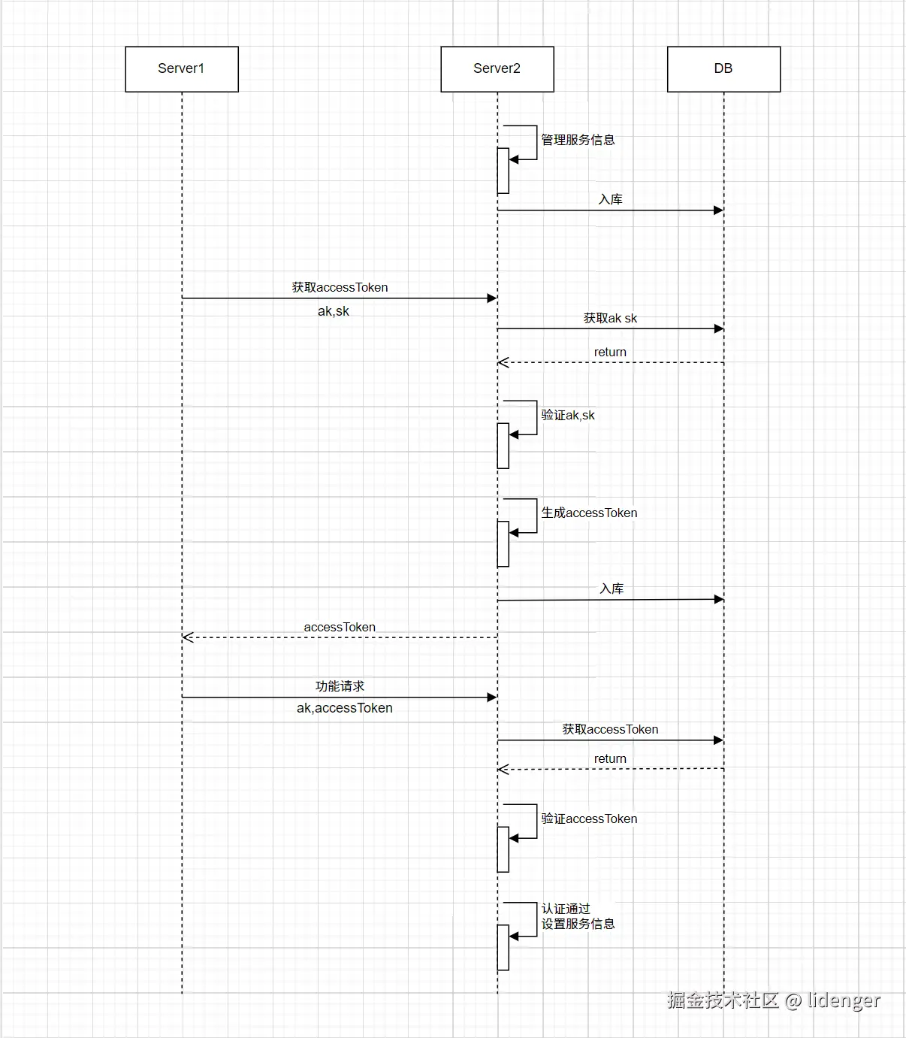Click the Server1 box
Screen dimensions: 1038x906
click(181, 69)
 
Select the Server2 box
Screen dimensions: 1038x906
click(497, 69)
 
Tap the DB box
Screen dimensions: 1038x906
click(723, 69)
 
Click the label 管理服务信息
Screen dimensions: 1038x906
click(578, 140)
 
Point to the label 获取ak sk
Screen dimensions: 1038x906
click(610, 318)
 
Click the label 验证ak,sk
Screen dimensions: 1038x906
click(568, 415)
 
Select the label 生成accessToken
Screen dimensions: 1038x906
click(589, 513)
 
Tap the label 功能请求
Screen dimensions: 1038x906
click(340, 685)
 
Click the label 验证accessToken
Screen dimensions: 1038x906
click(589, 819)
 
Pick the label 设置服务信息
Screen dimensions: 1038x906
click(578, 924)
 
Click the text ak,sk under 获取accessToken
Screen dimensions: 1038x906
click(334, 311)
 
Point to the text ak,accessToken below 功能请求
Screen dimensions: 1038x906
click(344, 708)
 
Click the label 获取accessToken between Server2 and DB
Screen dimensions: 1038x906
click(610, 729)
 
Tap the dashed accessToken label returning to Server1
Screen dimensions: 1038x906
click(340, 627)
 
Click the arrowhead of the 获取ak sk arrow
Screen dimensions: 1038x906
click(719, 328)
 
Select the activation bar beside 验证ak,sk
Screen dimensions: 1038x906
click(503, 446)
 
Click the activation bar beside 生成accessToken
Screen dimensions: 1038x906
click(503, 543)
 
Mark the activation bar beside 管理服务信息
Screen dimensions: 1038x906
click(503, 171)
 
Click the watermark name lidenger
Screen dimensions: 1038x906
click(843, 1000)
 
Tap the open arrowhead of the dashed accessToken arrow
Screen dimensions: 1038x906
click(188, 637)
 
